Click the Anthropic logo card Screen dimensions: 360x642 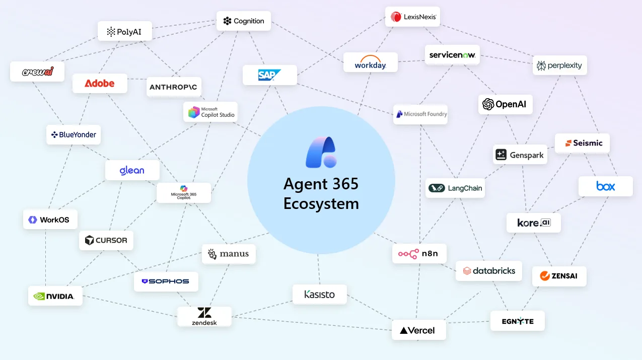174,87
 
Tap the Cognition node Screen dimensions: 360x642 244,21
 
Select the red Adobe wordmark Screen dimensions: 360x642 100,84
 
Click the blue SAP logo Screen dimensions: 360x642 269,75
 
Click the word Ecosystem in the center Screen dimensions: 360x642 321,203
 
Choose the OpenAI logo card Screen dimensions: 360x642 505,104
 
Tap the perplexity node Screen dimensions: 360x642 559,65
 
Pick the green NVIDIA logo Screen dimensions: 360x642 55,296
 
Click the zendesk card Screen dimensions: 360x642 204,316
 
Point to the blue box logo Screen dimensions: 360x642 605,186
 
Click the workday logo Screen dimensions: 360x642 370,62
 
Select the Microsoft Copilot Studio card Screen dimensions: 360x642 210,112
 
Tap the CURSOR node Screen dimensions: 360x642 106,240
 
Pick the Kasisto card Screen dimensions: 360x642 319,295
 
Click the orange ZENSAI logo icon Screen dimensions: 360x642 544,276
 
